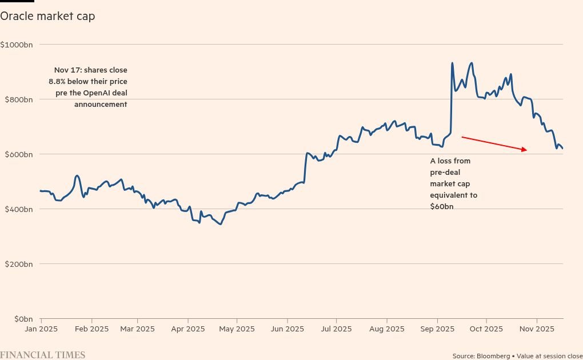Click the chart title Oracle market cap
pyautogui.click(x=47, y=16)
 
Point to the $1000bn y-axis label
pyautogui.click(x=17, y=45)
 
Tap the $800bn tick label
pyautogui.click(x=18, y=99)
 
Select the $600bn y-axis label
pyautogui.click(x=18, y=154)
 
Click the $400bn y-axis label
pyautogui.click(x=18, y=209)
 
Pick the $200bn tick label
pyautogui.click(x=18, y=264)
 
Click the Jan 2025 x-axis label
pyautogui.click(x=41, y=329)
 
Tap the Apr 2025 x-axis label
pyautogui.click(x=188, y=329)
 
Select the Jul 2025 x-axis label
pyautogui.click(x=336, y=329)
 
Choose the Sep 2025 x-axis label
pyautogui.click(x=437, y=329)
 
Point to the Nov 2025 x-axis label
pyautogui.click(x=537, y=329)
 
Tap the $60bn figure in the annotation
pyautogui.click(x=442, y=206)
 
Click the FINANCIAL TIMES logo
pyautogui.click(x=43, y=355)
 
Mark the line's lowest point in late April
pyautogui.click(x=220, y=224)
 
